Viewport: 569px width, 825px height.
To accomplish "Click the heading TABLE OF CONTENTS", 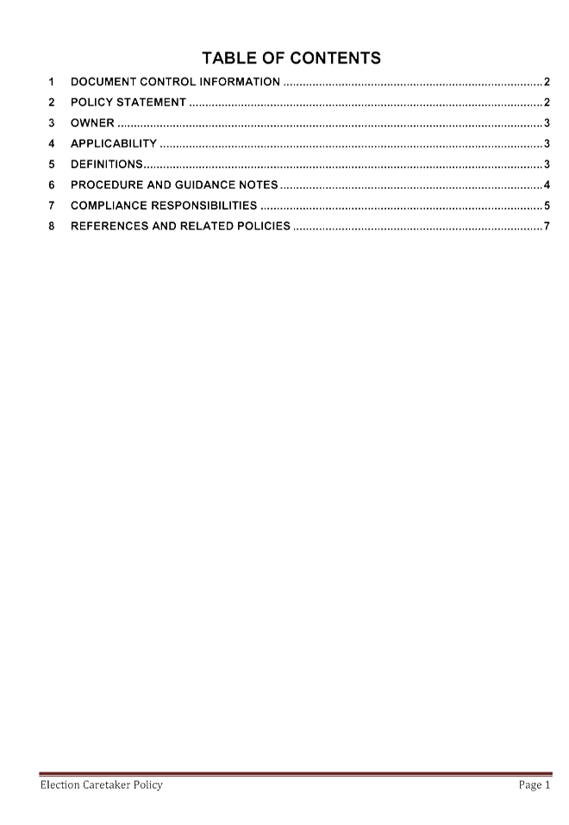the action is [x=291, y=58].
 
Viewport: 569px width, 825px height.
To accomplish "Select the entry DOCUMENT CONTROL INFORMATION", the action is [x=175, y=82].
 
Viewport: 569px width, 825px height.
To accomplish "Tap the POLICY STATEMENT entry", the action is [x=128, y=102].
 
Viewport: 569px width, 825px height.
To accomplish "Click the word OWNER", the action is [x=92, y=122].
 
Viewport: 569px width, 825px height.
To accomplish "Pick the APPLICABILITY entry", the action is [x=114, y=143].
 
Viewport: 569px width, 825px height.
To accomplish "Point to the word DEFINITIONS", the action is [x=107, y=164].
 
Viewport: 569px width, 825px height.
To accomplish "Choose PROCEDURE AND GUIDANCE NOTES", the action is [x=174, y=184].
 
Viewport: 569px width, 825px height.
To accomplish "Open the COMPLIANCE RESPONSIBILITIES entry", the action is [x=164, y=205].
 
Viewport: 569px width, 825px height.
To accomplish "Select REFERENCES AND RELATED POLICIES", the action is [x=180, y=226].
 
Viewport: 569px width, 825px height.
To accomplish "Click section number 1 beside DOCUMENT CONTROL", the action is [x=52, y=82].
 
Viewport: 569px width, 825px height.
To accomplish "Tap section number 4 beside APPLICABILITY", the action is [x=52, y=143].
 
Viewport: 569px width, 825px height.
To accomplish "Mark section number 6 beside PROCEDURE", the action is [x=52, y=184].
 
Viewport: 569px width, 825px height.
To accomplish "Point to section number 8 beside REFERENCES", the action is [x=52, y=226].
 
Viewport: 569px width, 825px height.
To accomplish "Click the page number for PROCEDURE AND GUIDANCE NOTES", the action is [x=547, y=184].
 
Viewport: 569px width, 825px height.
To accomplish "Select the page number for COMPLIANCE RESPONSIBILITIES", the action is [x=547, y=205].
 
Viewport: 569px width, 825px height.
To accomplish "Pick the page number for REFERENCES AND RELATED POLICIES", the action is [x=547, y=226].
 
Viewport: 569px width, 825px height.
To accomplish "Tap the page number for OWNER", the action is [x=547, y=122].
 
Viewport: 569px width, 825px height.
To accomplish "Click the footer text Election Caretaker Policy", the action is [x=102, y=785].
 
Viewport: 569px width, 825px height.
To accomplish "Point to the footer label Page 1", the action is [x=535, y=785].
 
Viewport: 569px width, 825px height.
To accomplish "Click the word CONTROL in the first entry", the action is [x=168, y=82].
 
